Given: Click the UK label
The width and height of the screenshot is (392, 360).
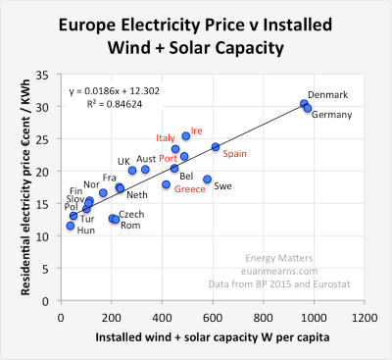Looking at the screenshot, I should coord(123,161).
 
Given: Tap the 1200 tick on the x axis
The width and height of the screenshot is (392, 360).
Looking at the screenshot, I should coord(365,319).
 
